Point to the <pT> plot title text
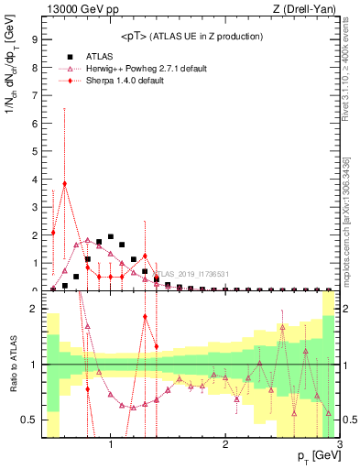(x=191, y=36)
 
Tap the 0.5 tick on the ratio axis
(x=31, y=420)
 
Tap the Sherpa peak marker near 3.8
(x=65, y=183)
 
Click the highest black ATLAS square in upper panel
(x=111, y=236)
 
